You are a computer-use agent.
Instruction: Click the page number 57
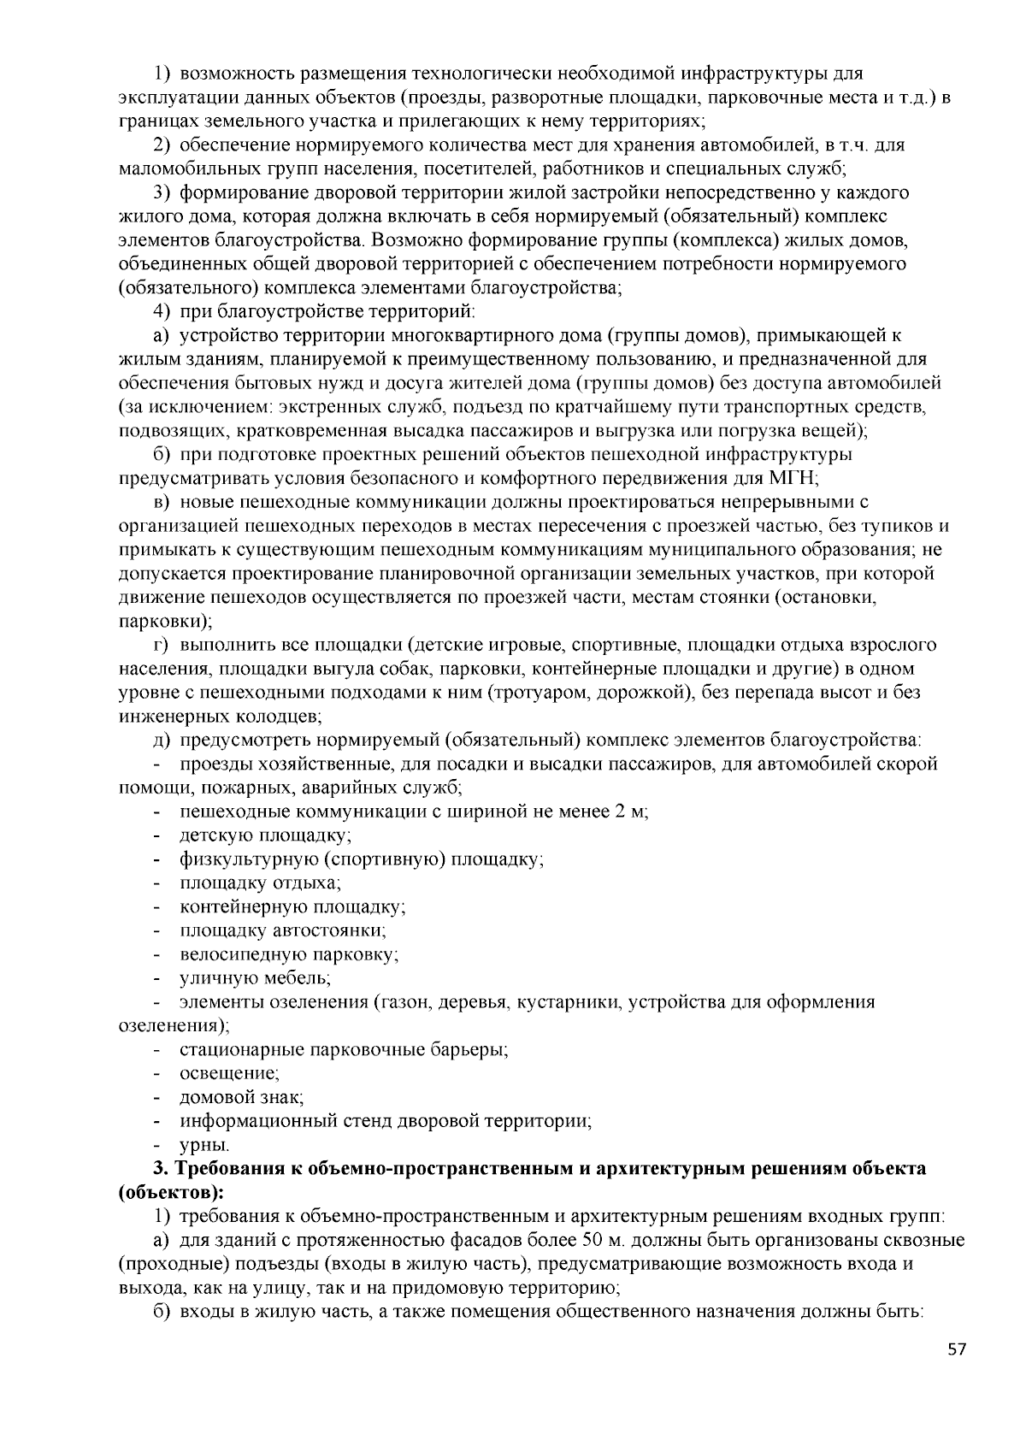point(957,1349)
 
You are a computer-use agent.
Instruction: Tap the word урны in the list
point(203,1143)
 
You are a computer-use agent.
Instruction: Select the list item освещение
point(228,1071)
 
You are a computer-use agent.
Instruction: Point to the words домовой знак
point(241,1095)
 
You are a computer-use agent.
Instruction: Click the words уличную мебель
point(254,977)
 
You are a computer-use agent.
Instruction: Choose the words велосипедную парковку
point(288,953)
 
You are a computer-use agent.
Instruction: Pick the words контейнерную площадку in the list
point(292,906)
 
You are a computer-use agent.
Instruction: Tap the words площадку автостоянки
point(282,930)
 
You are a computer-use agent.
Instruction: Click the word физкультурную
point(249,858)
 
